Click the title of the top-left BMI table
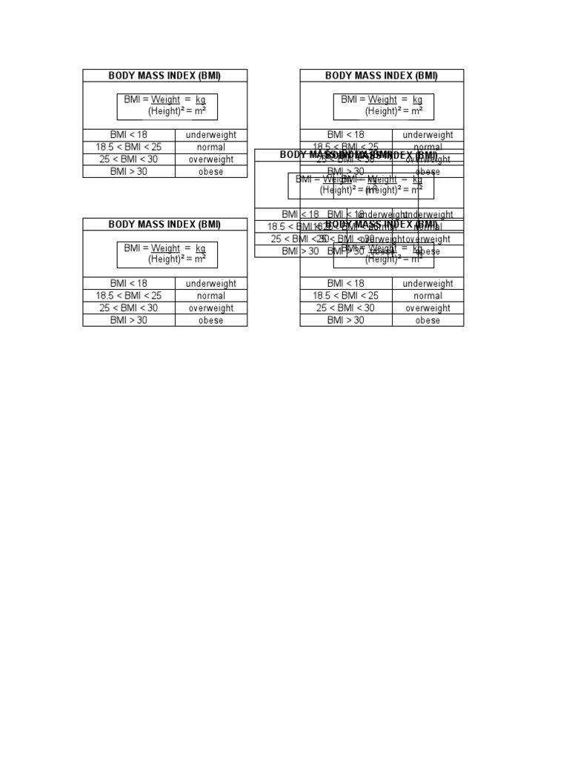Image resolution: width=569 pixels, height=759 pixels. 164,76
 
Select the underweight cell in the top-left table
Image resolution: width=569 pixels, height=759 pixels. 211,135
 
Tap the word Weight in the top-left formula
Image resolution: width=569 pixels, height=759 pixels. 166,99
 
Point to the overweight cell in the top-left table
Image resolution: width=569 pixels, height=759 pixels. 211,159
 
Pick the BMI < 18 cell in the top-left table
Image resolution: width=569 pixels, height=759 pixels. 129,135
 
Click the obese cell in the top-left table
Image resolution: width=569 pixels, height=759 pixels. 211,172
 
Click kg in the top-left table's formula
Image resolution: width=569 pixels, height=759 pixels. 201,99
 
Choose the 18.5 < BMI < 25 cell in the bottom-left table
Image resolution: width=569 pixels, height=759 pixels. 129,296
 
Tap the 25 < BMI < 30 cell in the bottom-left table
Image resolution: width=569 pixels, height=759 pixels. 129,308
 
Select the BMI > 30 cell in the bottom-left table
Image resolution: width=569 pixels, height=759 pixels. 129,320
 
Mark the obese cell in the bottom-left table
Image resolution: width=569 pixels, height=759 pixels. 211,320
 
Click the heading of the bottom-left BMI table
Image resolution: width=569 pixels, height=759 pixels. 164,225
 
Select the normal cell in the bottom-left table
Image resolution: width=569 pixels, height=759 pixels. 211,296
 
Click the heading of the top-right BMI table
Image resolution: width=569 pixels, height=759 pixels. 382,76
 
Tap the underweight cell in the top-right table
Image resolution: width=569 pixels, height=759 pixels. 428,135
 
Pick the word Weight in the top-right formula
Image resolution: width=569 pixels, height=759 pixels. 382,99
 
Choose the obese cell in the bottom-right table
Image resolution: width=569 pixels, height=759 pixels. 428,320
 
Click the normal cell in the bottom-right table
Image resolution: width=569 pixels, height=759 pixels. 428,296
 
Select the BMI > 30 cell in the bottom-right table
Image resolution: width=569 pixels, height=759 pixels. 346,320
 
